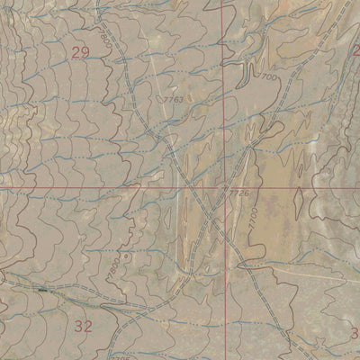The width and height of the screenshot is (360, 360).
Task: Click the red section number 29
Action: [x=80, y=54]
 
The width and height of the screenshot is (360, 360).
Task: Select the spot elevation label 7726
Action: [x=237, y=192]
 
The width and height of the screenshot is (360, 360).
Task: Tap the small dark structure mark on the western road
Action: [x=42, y=292]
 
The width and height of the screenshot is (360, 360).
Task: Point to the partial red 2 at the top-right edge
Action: [x=355, y=50]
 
